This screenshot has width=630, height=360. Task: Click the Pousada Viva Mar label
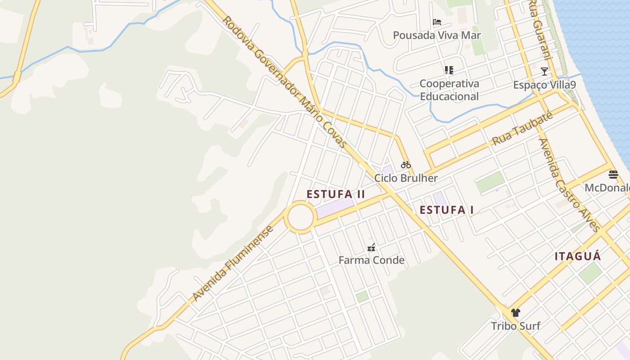436,35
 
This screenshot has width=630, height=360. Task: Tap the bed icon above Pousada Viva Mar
436,22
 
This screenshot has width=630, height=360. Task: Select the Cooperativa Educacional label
449,90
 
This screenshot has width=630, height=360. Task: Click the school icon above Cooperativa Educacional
449,70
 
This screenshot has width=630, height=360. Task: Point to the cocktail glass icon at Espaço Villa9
544,71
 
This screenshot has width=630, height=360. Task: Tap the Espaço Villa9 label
544,85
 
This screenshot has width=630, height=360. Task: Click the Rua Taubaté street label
522,129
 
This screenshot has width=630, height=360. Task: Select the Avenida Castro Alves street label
569,185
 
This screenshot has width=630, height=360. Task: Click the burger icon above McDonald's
613,174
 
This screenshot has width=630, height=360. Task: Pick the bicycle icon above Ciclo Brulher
405,165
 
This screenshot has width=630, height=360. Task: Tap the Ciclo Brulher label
406,178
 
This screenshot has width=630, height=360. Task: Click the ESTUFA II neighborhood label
336,194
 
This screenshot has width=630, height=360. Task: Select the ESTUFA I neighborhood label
446,210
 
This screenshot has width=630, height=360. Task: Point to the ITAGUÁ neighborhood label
577,256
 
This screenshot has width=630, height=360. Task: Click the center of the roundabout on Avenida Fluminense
300,217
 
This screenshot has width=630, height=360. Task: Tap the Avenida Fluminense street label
233,263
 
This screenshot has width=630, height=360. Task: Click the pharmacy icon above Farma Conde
371,247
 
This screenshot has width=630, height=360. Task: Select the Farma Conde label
371,260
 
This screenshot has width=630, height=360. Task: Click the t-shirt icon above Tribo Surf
516,313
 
